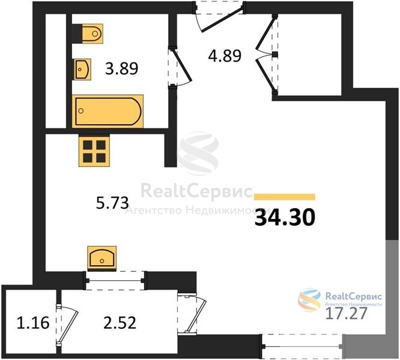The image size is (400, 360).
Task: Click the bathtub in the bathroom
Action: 108,111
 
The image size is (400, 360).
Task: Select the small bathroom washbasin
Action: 82,69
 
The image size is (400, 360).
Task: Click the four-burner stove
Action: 94,151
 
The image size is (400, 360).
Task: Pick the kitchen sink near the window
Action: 102,258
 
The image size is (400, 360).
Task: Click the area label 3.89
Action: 122,68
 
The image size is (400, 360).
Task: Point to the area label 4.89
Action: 225,56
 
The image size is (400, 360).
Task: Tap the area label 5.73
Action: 112,203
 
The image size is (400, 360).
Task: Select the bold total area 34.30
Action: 285,218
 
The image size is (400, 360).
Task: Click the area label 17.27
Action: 347,313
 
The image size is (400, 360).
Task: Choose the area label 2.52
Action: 120,323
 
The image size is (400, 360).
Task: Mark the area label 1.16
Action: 33,323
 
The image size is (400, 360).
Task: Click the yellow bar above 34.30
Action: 285,197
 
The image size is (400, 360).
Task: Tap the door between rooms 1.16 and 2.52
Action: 67,324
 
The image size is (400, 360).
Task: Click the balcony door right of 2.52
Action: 192,314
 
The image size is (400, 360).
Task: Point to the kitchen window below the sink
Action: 115,281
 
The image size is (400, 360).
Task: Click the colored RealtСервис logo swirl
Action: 309,300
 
